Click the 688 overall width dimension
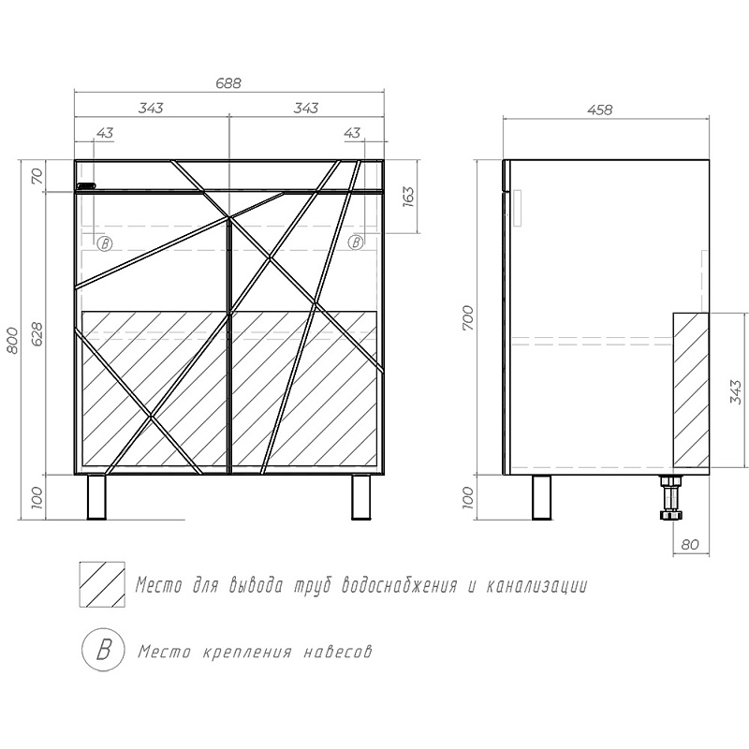[228, 82]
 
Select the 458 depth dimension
[599, 110]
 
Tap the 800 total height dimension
[14, 340]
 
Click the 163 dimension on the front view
[408, 197]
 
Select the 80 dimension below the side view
[690, 544]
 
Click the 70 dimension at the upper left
[37, 176]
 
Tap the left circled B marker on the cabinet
[105, 243]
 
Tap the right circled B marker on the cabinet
[356, 242]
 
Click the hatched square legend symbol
[102, 584]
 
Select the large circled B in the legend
[104, 651]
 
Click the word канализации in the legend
[536, 585]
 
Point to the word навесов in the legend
[338, 652]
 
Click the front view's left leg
[96, 497]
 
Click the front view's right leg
[360, 497]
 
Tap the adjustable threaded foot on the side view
[670, 498]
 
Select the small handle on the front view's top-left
[86, 185]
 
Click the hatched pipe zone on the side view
[691, 390]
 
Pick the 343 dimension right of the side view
[737, 391]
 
